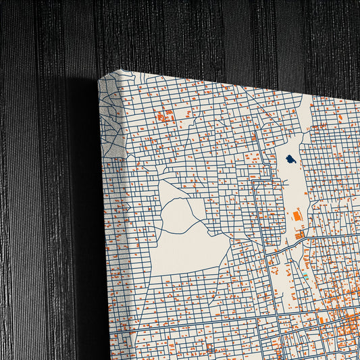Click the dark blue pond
290,160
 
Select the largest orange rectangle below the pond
296,215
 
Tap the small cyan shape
306,276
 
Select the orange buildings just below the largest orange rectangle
299,235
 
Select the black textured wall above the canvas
203,34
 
